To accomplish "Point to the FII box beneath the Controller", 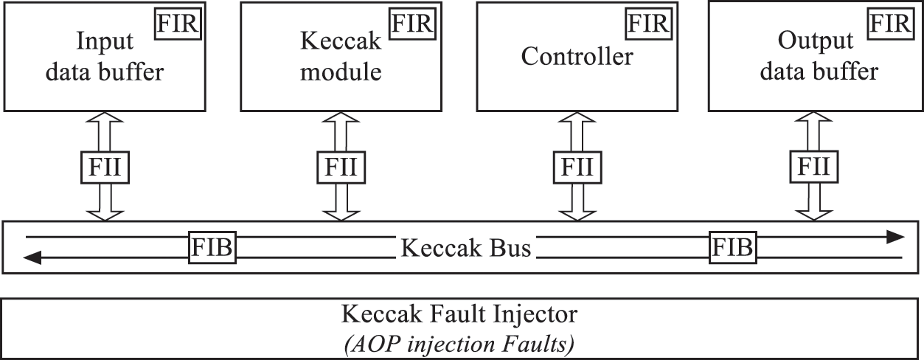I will coord(577,167).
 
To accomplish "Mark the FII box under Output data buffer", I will coord(814,167).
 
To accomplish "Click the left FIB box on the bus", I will coord(212,248).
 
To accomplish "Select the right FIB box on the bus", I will coord(732,248).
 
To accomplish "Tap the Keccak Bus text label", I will coord(465,248).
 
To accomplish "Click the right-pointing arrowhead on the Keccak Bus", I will coord(894,237).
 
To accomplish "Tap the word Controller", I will coord(577,57).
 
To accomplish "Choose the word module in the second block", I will coord(341,72).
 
